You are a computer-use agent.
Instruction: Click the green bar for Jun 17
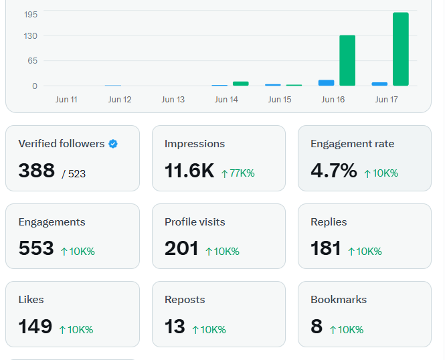pyautogui.click(x=401, y=49)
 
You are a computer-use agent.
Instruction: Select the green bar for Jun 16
pyautogui.click(x=347, y=60)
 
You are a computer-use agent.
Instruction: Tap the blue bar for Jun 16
pyautogui.click(x=326, y=83)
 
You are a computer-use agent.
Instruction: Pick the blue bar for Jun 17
pyautogui.click(x=379, y=84)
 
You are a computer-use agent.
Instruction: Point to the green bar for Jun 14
pyautogui.click(x=241, y=84)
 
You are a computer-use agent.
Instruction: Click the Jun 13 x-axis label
pyautogui.click(x=173, y=100)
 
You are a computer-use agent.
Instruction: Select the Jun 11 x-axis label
pyautogui.click(x=66, y=100)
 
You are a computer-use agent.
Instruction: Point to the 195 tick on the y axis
pyautogui.click(x=31, y=15)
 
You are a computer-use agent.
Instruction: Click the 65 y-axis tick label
pyautogui.click(x=33, y=61)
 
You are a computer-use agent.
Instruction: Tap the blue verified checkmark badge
pyautogui.click(x=113, y=144)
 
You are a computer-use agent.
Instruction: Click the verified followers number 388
pyautogui.click(x=37, y=171)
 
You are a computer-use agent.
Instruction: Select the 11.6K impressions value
pyautogui.click(x=189, y=171)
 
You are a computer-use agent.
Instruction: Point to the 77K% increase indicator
pyautogui.click(x=238, y=173)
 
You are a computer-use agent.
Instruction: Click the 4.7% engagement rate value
pyautogui.click(x=333, y=171)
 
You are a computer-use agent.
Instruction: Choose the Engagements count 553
pyautogui.click(x=36, y=248)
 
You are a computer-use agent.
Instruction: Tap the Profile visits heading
pyautogui.click(x=195, y=222)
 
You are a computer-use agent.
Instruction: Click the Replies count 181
pyautogui.click(x=326, y=248)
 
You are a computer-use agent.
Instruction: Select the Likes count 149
pyautogui.click(x=35, y=327)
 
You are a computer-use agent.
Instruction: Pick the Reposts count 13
pyautogui.click(x=175, y=327)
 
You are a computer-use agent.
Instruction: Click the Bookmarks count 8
pyautogui.click(x=317, y=327)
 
